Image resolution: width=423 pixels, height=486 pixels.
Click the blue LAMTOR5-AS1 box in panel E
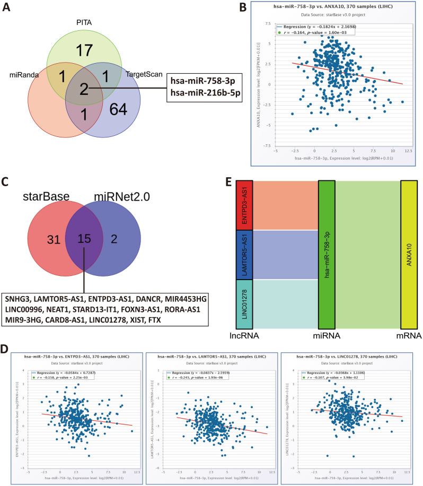pyautogui.click(x=244, y=255)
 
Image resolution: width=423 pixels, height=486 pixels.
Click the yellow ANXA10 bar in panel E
pyautogui.click(x=409, y=255)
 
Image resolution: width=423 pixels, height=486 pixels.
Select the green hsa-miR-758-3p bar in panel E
pyautogui.click(x=327, y=255)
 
